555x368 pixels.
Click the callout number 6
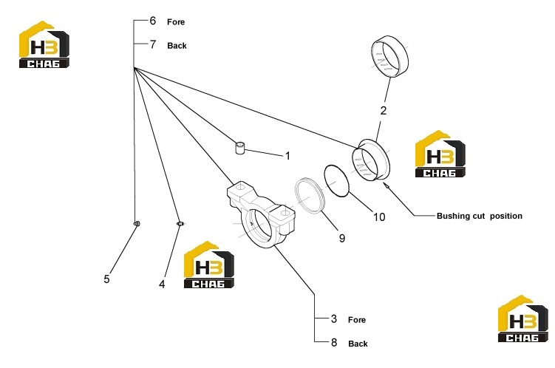152,21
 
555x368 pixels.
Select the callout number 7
152,44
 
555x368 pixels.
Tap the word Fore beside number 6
176,22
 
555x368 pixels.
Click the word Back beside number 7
177,46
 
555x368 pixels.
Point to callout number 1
287,156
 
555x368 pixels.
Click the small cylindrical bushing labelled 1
240,148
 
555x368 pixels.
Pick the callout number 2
384,111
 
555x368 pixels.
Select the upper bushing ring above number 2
389,56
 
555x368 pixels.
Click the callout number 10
379,217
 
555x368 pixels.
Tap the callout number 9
342,238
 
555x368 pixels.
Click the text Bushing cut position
480,216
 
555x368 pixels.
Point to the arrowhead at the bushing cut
386,184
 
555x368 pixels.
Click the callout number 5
106,279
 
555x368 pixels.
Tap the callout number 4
162,284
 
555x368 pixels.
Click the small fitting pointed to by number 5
137,224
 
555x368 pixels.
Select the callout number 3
334,318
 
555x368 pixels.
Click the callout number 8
334,343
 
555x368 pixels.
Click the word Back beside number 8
358,344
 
